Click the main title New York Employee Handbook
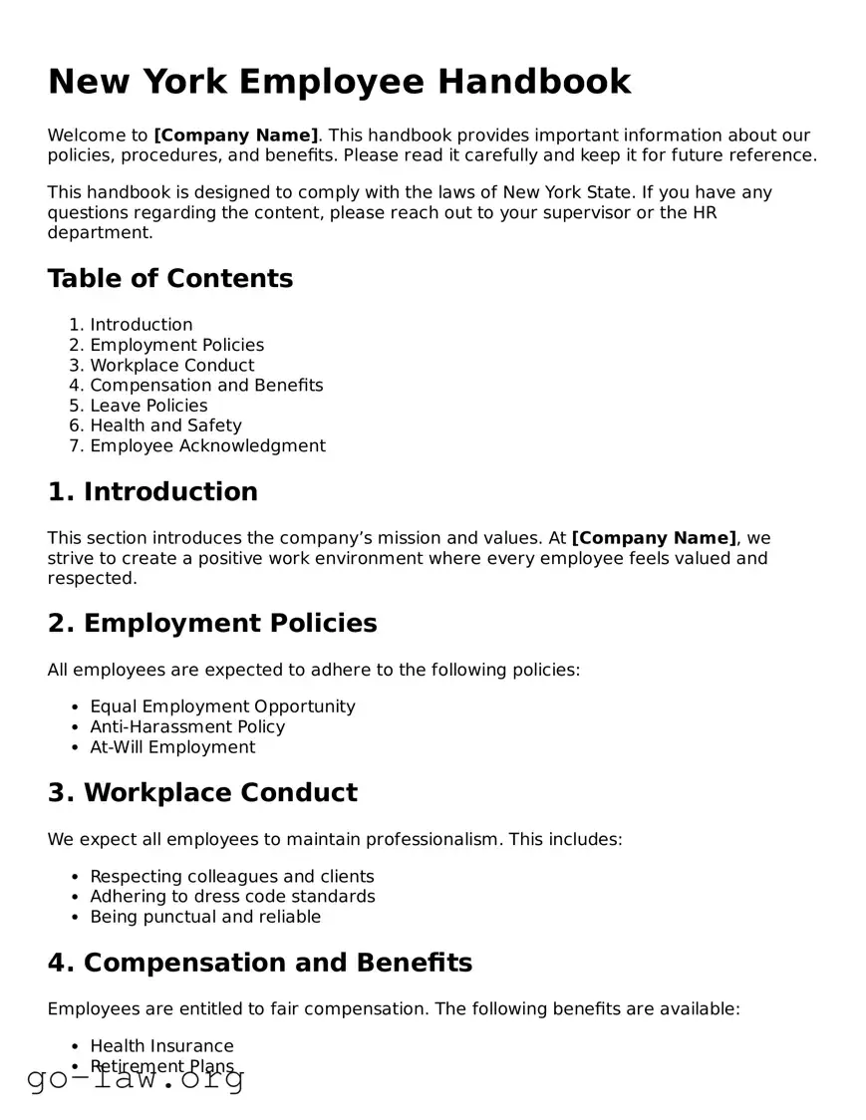coord(339,82)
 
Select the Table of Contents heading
coord(169,278)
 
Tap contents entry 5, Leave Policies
coord(148,406)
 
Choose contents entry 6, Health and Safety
coord(165,425)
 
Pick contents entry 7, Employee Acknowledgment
coord(207,445)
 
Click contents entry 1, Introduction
coord(141,325)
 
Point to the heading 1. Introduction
coord(152,492)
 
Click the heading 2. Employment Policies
coord(212,624)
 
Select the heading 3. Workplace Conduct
coord(202,793)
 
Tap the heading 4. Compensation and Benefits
coord(260,963)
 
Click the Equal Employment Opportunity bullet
coord(222,706)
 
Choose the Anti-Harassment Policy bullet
coord(187,726)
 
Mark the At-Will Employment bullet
coord(172,747)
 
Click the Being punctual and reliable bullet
coord(205,917)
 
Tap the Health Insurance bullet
coord(161,1046)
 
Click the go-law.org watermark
coord(136,1077)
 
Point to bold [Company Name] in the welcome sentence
coord(236,136)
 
